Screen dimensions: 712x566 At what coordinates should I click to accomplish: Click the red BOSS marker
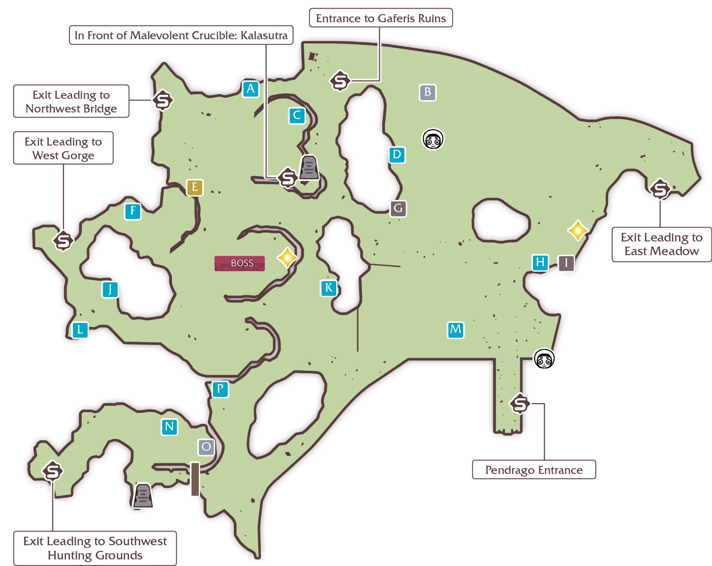[x=240, y=263]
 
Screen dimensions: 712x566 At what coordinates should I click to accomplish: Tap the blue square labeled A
[x=250, y=89]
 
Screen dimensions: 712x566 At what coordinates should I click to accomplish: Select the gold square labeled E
[x=195, y=188]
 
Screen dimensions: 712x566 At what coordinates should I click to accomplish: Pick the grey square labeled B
[x=428, y=92]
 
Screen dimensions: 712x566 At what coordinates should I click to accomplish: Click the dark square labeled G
[x=398, y=208]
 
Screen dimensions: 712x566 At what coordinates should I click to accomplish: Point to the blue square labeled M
[x=455, y=329]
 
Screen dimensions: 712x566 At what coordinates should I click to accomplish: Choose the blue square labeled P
[x=220, y=389]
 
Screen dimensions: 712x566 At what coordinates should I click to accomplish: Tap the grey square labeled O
[x=206, y=447]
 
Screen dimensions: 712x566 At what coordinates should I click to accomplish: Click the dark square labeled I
[x=566, y=263]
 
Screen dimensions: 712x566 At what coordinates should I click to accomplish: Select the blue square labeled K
[x=328, y=288]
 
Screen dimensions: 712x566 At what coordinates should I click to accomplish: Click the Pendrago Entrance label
[x=534, y=470]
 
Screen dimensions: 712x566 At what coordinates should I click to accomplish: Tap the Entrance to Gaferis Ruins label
[x=381, y=18]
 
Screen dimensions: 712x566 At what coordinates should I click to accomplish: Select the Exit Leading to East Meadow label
[x=661, y=244]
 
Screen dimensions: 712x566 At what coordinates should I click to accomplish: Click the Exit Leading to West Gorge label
[x=63, y=148]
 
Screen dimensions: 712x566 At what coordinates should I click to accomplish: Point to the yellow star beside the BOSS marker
[x=287, y=257]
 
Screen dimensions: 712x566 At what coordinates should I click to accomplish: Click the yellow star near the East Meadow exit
[x=578, y=230]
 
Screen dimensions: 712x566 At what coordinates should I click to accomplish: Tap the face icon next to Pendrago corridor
[x=544, y=359]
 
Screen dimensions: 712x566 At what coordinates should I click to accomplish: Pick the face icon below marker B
[x=433, y=139]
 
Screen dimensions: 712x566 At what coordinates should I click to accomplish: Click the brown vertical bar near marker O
[x=195, y=479]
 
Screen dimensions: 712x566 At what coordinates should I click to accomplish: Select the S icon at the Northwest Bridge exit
[x=163, y=100]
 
